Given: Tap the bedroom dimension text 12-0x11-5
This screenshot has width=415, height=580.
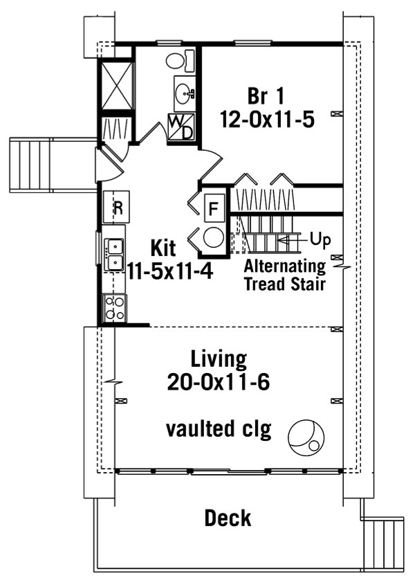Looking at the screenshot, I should pos(267,119).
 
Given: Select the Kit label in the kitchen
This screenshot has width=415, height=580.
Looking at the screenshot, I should pos(163,247).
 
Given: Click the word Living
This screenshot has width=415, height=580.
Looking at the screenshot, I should pos(219,359).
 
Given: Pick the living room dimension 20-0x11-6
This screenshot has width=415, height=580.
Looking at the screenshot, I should pos(219,382).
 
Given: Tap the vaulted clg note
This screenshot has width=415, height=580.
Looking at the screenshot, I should pos(218,429).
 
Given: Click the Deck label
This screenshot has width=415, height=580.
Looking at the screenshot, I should pos(228,518).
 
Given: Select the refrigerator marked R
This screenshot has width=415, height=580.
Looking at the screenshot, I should pos(117,207).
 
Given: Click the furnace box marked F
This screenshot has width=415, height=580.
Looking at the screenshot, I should pos(214,207).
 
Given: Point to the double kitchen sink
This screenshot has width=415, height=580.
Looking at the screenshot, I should pos(114,254).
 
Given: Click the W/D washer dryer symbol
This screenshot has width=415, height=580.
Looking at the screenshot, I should pos(181,127).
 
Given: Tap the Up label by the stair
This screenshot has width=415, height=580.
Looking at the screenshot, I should pos(320,239).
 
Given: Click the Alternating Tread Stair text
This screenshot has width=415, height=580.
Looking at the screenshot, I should pos(284,275).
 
